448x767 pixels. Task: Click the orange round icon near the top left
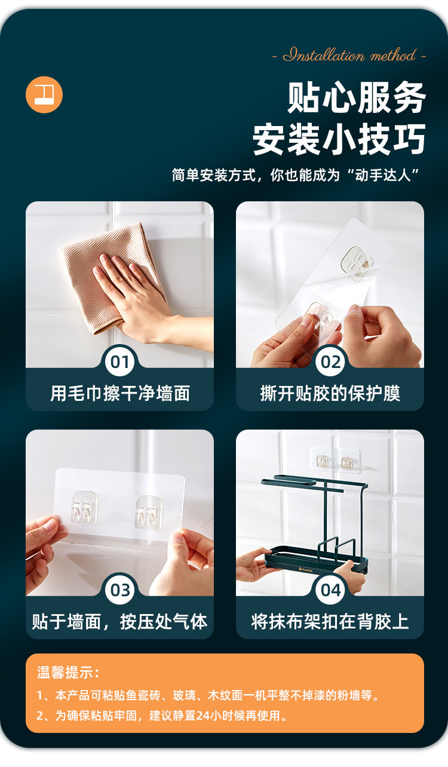point(44,94)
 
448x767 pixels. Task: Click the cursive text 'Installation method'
point(349,55)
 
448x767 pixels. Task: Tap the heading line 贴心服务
point(356,97)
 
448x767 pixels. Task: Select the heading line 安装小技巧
point(339,139)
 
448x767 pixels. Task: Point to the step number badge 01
point(119,361)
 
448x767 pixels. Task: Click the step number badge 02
point(330,361)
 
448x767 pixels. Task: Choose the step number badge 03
point(119,590)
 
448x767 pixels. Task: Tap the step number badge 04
point(330,590)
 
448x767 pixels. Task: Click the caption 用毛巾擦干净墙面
point(120,393)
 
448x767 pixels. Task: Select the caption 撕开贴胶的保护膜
point(330,393)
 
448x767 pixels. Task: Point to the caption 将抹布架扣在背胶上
point(330,621)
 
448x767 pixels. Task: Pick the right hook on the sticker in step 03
point(148,513)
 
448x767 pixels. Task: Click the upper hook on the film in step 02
point(358,263)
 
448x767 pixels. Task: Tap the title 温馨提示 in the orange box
point(68,672)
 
